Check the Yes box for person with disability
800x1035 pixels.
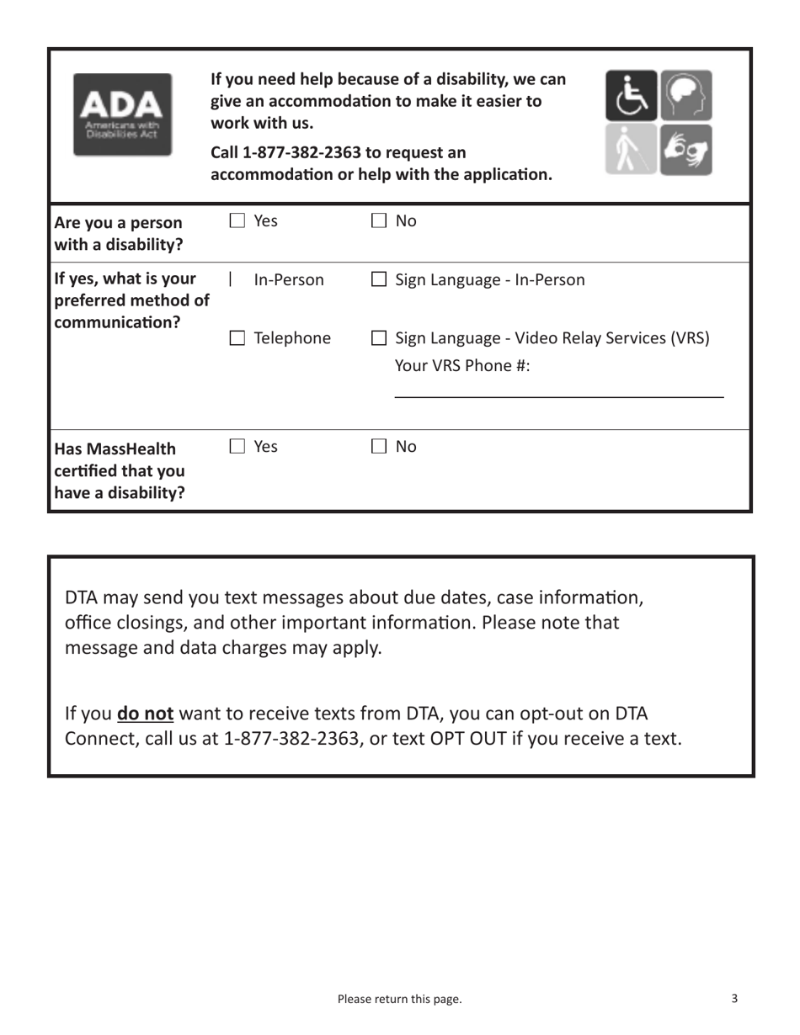coord(237,222)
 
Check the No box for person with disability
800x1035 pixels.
coord(379,222)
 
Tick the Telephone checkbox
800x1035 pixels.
coord(237,339)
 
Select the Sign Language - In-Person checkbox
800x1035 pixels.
coord(379,280)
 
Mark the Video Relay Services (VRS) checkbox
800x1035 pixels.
coord(379,339)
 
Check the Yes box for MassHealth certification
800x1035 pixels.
coord(237,448)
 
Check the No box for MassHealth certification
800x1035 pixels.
coord(379,448)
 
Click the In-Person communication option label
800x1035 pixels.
coord(289,280)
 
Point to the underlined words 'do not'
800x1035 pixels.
coord(146,714)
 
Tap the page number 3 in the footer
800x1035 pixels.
coord(734,999)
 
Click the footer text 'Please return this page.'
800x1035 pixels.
coord(399,999)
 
